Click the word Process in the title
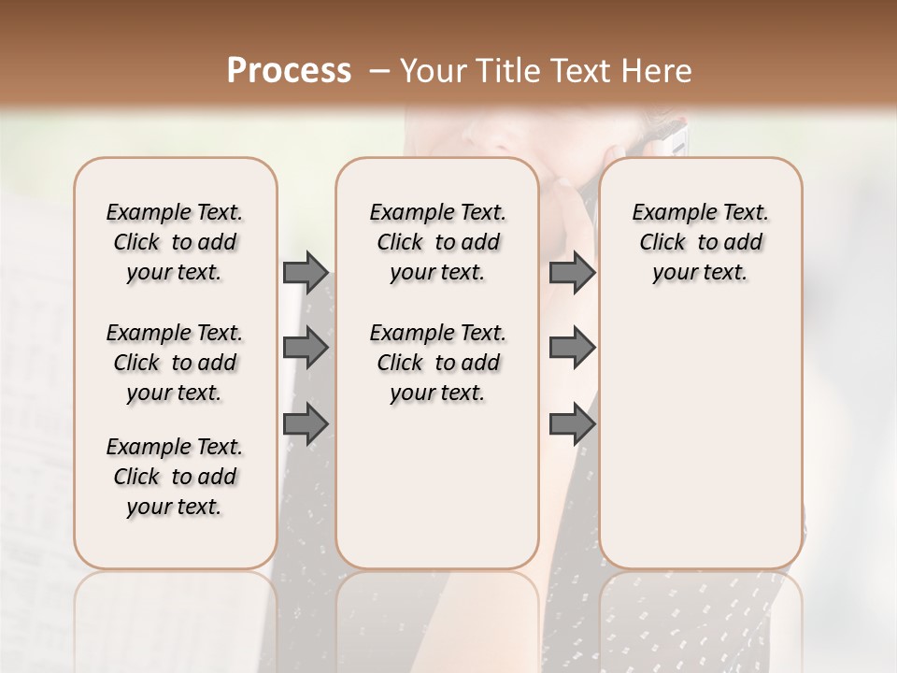click(x=289, y=71)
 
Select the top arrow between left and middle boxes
click(x=306, y=272)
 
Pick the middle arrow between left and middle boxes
click(x=306, y=348)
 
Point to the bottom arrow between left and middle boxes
click(x=306, y=424)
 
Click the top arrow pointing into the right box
click(x=572, y=272)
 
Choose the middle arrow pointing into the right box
click(x=572, y=348)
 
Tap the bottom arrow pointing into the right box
click(x=572, y=424)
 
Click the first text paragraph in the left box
click(x=175, y=242)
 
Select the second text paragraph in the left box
click(x=175, y=363)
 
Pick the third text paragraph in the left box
click(x=175, y=477)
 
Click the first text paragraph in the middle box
click(x=437, y=242)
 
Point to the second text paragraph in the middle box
click(x=437, y=363)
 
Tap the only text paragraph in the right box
click(x=700, y=242)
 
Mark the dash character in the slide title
click(x=378, y=71)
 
